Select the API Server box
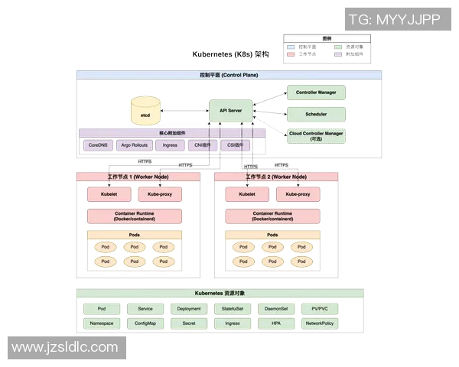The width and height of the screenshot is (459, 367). (230, 111)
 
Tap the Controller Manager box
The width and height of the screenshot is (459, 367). (316, 93)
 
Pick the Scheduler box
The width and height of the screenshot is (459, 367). (316, 114)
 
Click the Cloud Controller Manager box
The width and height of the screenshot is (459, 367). (316, 136)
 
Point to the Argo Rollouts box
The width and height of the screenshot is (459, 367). (134, 145)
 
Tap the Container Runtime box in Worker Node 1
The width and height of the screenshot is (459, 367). (134, 216)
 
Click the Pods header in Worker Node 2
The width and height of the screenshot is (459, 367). (272, 235)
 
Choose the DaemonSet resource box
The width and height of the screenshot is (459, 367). (275, 309)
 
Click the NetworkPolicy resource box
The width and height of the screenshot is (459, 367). (320, 323)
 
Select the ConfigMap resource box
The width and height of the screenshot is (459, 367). (145, 323)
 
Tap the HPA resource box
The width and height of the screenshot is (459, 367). (275, 323)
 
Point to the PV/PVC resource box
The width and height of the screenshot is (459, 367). (320, 309)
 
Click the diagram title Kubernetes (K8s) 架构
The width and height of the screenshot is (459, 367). (230, 55)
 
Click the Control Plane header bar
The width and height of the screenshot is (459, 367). (229, 75)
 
